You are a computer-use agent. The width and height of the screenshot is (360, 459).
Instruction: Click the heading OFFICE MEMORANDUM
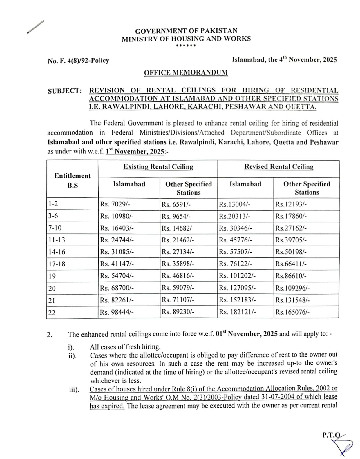point(186,72)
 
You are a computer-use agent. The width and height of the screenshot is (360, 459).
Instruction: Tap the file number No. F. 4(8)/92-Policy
point(78,61)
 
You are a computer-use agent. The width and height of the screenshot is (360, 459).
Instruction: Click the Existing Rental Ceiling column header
point(158,167)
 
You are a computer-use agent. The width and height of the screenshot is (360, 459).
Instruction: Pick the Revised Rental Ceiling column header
point(279,167)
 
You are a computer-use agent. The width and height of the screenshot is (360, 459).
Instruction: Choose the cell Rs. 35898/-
point(178,264)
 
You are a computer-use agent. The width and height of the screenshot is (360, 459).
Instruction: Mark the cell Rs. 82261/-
point(117,300)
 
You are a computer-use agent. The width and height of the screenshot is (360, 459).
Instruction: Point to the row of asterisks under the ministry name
point(186,46)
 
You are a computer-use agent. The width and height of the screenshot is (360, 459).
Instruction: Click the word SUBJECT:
point(65,91)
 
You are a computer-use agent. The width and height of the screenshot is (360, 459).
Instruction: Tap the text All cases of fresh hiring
point(125,347)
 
